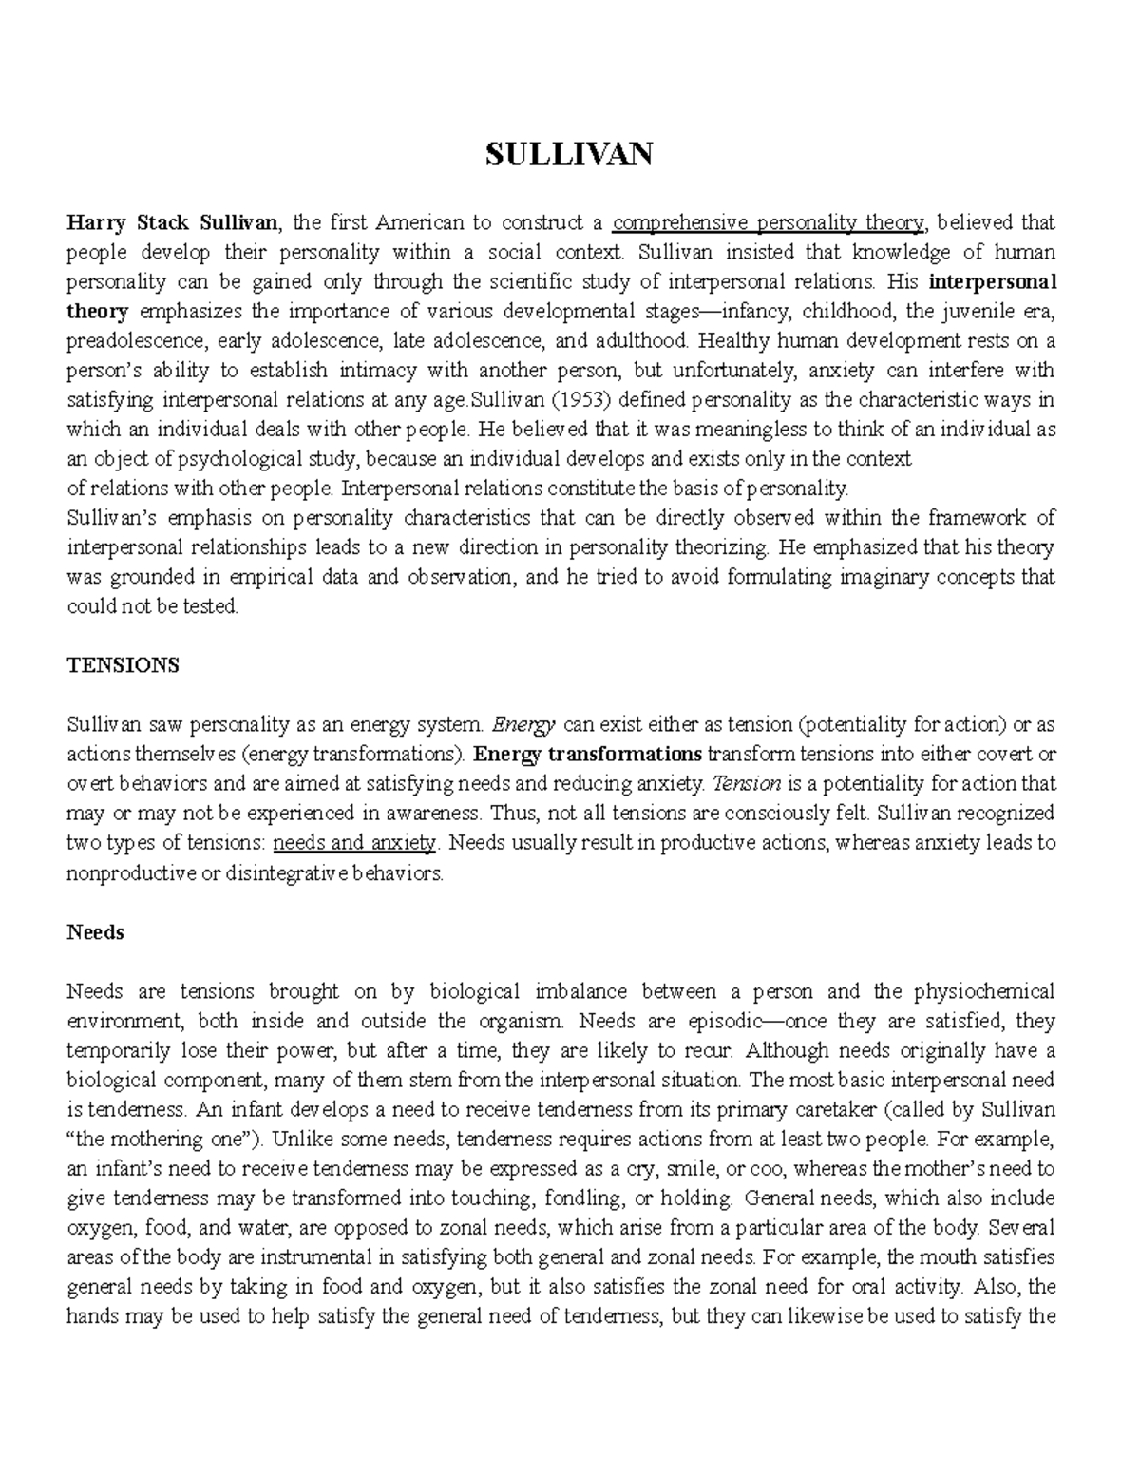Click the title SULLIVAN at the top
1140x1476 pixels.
click(x=569, y=153)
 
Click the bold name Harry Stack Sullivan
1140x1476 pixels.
click(x=172, y=223)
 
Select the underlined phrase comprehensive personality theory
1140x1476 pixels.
click(x=768, y=223)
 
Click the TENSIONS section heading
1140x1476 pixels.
click(x=123, y=665)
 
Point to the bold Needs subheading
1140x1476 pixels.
click(x=95, y=932)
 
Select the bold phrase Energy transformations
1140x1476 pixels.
click(x=587, y=755)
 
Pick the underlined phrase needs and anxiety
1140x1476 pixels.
click(x=353, y=843)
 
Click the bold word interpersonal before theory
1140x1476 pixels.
click(x=992, y=282)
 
